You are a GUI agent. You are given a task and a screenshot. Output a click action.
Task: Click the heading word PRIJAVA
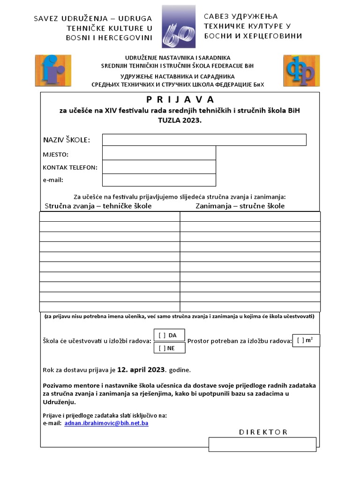tap(180, 99)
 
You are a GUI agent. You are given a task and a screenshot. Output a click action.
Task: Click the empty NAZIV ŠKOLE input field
tap(204, 140)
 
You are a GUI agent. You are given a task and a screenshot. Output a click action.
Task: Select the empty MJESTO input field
tap(159, 153)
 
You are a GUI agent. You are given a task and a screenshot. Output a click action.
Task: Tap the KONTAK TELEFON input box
tap(159, 167)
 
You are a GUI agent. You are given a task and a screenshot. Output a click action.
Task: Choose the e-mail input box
tap(159, 180)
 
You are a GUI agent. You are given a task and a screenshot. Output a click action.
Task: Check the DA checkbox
tap(169, 335)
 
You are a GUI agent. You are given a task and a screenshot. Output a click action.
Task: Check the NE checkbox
tap(169, 348)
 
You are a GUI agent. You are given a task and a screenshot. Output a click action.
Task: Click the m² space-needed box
tap(306, 340)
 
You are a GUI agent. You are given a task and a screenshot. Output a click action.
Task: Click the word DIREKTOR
tap(263, 432)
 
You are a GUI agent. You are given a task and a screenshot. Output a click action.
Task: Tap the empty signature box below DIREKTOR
tap(262, 444)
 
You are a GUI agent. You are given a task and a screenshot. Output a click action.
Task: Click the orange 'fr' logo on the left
tap(53, 70)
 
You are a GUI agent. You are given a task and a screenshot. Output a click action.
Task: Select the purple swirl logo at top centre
tap(178, 27)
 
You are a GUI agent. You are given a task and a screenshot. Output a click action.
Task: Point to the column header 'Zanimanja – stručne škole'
tap(240, 206)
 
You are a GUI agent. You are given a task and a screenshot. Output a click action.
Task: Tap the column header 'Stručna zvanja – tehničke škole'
tap(98, 206)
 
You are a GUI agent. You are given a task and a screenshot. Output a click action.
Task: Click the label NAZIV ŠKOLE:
tap(67, 140)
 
